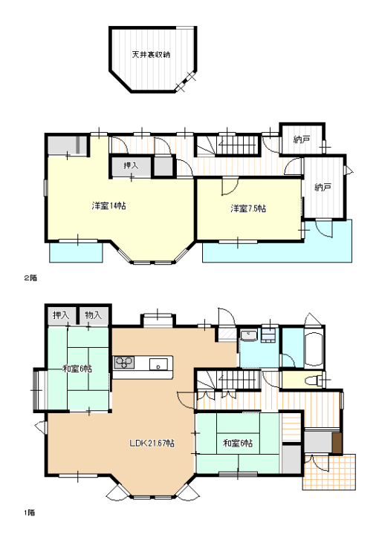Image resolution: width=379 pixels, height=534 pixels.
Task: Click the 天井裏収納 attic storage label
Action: tap(151, 54)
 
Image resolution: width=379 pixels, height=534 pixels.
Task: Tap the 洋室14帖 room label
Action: tap(108, 205)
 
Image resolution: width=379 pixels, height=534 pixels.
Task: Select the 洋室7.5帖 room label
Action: tap(248, 208)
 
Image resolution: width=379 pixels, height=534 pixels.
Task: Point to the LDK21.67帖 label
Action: tap(152, 443)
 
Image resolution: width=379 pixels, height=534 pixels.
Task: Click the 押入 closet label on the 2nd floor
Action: tap(131, 166)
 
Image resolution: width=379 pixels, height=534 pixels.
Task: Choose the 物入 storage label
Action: tap(94, 315)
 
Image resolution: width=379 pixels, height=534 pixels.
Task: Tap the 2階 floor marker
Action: tap(30, 277)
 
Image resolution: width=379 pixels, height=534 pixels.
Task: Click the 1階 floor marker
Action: tap(29, 512)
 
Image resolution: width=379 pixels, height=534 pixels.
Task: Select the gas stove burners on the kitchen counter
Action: tap(123, 363)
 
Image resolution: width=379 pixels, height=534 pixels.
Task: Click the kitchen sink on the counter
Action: tap(158, 363)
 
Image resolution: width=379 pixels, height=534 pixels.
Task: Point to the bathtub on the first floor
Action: tap(313, 348)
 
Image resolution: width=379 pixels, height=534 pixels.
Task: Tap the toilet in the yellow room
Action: tap(313, 380)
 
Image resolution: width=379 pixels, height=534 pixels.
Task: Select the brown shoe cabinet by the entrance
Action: tap(337, 443)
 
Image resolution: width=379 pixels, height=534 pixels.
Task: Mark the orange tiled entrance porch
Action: tap(329, 472)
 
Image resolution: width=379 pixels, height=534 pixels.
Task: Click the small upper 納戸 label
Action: tap(302, 139)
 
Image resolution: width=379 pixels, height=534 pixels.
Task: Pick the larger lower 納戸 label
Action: tap(323, 187)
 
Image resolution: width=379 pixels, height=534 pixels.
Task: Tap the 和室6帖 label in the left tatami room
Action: tap(77, 369)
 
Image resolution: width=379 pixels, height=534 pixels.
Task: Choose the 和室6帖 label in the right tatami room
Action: tap(238, 443)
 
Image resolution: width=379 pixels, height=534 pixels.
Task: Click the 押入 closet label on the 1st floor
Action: tap(61, 315)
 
